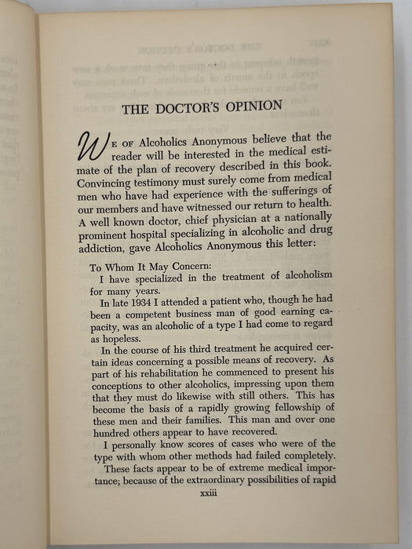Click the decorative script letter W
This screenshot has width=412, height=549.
click(94, 147)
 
